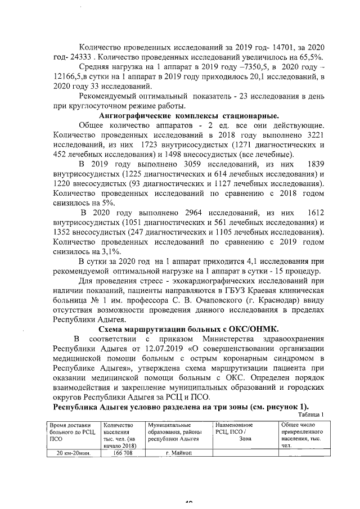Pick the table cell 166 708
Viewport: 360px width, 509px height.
coord(122,452)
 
